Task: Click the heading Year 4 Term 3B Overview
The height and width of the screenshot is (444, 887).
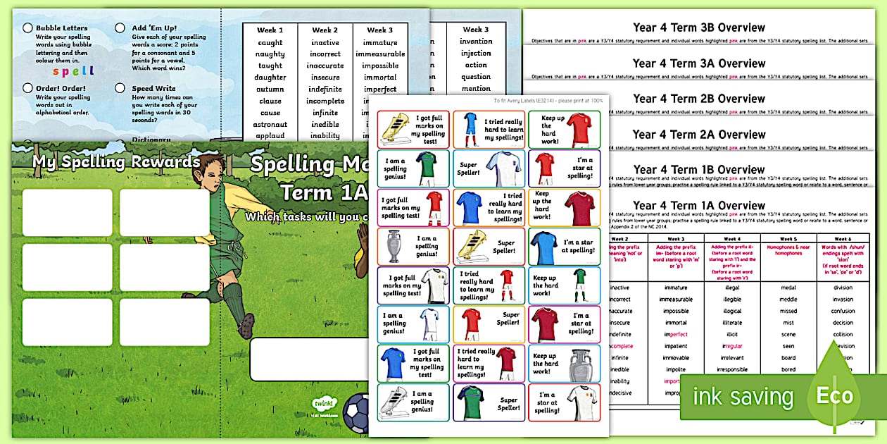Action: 698,27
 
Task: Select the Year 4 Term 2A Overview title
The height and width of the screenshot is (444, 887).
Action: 698,134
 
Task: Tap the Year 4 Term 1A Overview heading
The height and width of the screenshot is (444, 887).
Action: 698,206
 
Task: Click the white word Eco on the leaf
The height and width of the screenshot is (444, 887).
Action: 834,395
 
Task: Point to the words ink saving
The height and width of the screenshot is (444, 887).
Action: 742,397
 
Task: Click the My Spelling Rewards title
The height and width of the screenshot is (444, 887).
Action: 116,162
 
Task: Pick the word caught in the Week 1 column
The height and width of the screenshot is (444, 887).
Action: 270,42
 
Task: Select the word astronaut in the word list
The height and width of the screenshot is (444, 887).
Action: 270,125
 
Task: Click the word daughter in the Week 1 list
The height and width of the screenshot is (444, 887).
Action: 270,78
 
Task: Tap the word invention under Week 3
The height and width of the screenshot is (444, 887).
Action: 476,42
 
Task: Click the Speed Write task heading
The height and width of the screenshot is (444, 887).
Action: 153,89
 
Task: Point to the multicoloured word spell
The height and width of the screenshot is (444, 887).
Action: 73,71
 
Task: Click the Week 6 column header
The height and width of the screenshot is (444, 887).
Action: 843,238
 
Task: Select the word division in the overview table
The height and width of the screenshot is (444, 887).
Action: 843,287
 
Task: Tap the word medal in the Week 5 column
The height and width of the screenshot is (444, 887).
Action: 788,287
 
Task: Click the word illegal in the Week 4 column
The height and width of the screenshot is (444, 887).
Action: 732,287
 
